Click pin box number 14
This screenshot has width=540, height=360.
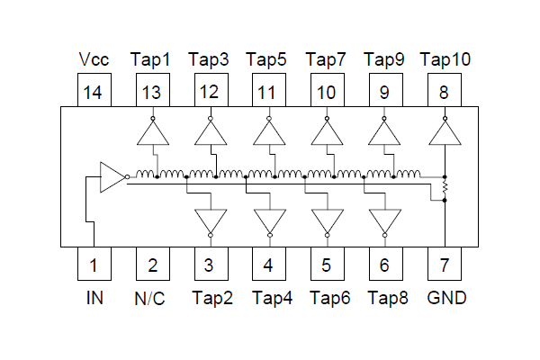[94, 91]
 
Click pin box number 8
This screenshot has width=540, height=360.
[445, 91]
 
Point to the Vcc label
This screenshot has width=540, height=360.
[94, 59]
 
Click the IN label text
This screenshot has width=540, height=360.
[94, 298]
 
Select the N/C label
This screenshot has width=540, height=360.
[152, 298]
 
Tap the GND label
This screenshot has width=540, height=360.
[446, 298]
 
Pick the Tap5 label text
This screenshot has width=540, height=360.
[267, 59]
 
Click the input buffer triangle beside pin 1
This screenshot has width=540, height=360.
[112, 177]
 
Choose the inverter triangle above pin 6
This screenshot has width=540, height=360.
[386, 220]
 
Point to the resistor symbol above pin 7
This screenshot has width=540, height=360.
[445, 188]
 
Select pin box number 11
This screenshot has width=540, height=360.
[269, 91]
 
